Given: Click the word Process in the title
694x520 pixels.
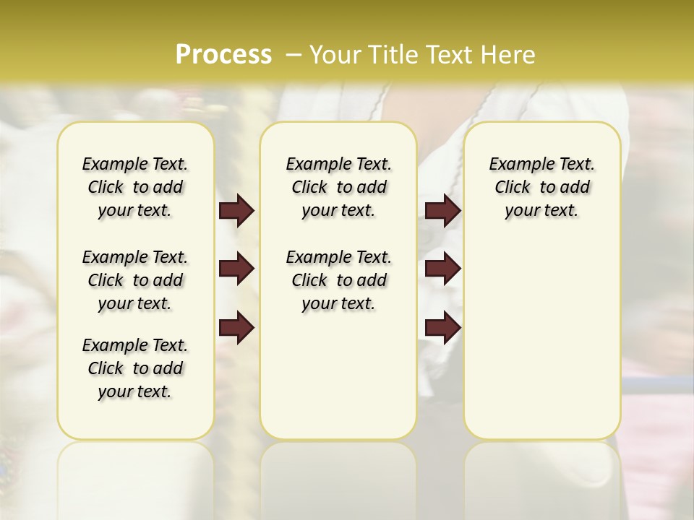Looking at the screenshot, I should tap(223, 55).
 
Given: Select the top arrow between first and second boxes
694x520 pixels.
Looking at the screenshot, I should tap(236, 211).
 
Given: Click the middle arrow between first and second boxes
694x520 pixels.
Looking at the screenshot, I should tap(236, 269).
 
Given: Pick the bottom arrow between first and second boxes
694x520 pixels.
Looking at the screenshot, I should tap(236, 327).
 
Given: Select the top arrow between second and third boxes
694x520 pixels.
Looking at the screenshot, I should tap(442, 211).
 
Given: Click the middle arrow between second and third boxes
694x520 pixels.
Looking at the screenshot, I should tap(442, 269).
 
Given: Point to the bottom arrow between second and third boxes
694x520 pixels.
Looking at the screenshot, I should tap(442, 327).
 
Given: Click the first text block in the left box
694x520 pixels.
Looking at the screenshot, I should tap(135, 187).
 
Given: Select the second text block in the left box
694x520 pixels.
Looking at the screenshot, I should tap(135, 280).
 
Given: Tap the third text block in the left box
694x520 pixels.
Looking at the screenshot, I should tap(135, 368).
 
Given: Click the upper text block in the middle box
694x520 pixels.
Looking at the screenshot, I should tap(338, 187).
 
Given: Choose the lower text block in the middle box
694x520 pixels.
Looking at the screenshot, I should tap(338, 280).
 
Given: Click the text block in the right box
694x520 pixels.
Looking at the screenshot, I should tap(541, 187).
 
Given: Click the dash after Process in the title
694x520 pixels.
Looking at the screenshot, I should tap(294, 55).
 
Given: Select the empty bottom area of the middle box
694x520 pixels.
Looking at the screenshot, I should tap(338, 383).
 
